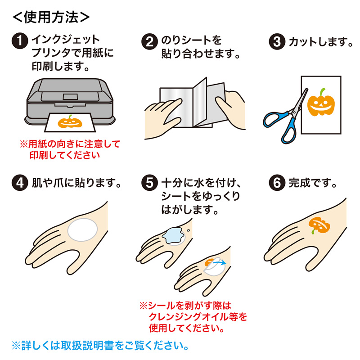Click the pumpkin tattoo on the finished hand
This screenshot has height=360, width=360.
pos(320,225)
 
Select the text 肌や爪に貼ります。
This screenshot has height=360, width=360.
pos(76,184)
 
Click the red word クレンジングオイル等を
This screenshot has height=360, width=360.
pos(197,317)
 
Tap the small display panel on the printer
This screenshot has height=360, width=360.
pos(71,96)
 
